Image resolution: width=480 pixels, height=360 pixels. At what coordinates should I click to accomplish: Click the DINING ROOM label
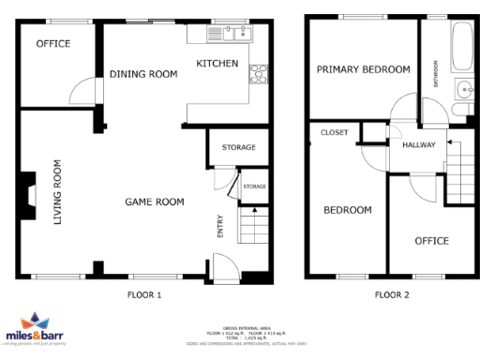pyautogui.click(x=143, y=75)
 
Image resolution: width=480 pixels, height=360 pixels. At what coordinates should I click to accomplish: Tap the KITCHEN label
pyautogui.click(x=217, y=64)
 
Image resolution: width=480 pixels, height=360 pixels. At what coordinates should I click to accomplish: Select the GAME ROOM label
pyautogui.click(x=155, y=202)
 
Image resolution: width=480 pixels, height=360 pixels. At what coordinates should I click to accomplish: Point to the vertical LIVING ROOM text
pyautogui.click(x=58, y=193)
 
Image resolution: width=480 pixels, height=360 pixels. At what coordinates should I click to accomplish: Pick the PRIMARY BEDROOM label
pyautogui.click(x=363, y=69)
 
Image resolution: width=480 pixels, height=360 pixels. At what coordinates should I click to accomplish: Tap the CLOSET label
pyautogui.click(x=334, y=133)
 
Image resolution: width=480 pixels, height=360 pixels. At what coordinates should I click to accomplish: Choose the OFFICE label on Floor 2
pyautogui.click(x=431, y=241)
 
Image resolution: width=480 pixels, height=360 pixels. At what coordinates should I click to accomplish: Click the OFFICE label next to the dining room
pyautogui.click(x=52, y=44)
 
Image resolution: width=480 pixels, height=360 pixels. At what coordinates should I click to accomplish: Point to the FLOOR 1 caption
pyautogui.click(x=144, y=294)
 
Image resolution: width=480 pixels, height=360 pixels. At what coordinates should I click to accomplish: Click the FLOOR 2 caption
pyautogui.click(x=392, y=294)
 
